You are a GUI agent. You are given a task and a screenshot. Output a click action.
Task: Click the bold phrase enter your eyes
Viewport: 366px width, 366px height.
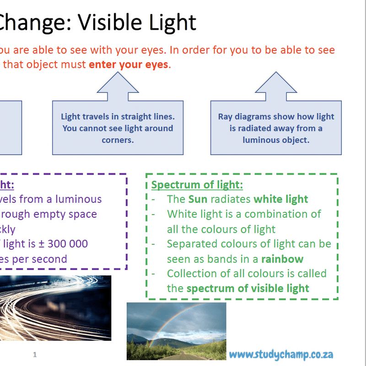[x=129, y=65]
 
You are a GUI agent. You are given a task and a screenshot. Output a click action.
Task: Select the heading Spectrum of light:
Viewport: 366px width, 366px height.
[x=197, y=185]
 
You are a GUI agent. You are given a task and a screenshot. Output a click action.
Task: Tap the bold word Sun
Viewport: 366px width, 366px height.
[x=198, y=199]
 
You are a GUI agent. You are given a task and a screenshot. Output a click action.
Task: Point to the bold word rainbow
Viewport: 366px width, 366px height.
[x=282, y=259]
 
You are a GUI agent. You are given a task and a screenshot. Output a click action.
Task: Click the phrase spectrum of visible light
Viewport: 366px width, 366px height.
[x=248, y=288]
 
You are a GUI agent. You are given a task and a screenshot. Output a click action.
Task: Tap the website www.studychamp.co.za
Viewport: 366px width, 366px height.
[x=281, y=354]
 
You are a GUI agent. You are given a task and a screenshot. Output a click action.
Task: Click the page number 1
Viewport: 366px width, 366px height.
[x=35, y=355]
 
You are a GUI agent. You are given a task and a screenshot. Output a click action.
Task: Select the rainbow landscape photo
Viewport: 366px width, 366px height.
[x=176, y=330]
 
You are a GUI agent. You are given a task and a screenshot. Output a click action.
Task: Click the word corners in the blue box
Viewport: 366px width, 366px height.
[x=118, y=140]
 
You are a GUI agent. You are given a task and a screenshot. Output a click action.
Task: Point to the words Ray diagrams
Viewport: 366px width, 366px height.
[x=240, y=116]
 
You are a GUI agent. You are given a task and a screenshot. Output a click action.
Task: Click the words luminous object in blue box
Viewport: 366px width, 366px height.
[x=276, y=140]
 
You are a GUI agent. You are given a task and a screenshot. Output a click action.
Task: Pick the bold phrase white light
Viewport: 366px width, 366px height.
[x=281, y=199]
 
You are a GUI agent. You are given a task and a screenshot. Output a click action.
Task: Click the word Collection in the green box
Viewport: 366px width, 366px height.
[x=190, y=274]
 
